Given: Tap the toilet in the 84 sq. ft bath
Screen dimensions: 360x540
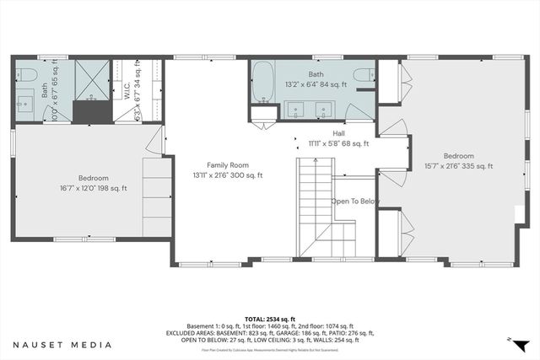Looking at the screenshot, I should tap(363, 75).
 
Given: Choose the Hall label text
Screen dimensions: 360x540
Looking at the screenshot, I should tap(338, 133).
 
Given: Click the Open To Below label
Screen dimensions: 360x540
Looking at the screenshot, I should tap(355, 201).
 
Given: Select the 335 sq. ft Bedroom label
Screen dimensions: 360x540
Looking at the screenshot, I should tap(459, 156).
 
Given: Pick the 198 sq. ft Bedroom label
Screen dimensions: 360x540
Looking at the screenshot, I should tap(93, 178).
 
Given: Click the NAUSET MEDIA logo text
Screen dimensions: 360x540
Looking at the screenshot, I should tap(62, 344).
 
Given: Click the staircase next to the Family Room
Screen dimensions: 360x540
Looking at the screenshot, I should tap(316, 190).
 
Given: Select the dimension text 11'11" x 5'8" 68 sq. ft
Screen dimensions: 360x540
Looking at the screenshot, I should tap(338, 143).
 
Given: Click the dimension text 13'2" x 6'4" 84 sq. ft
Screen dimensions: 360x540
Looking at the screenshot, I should tap(316, 82).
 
